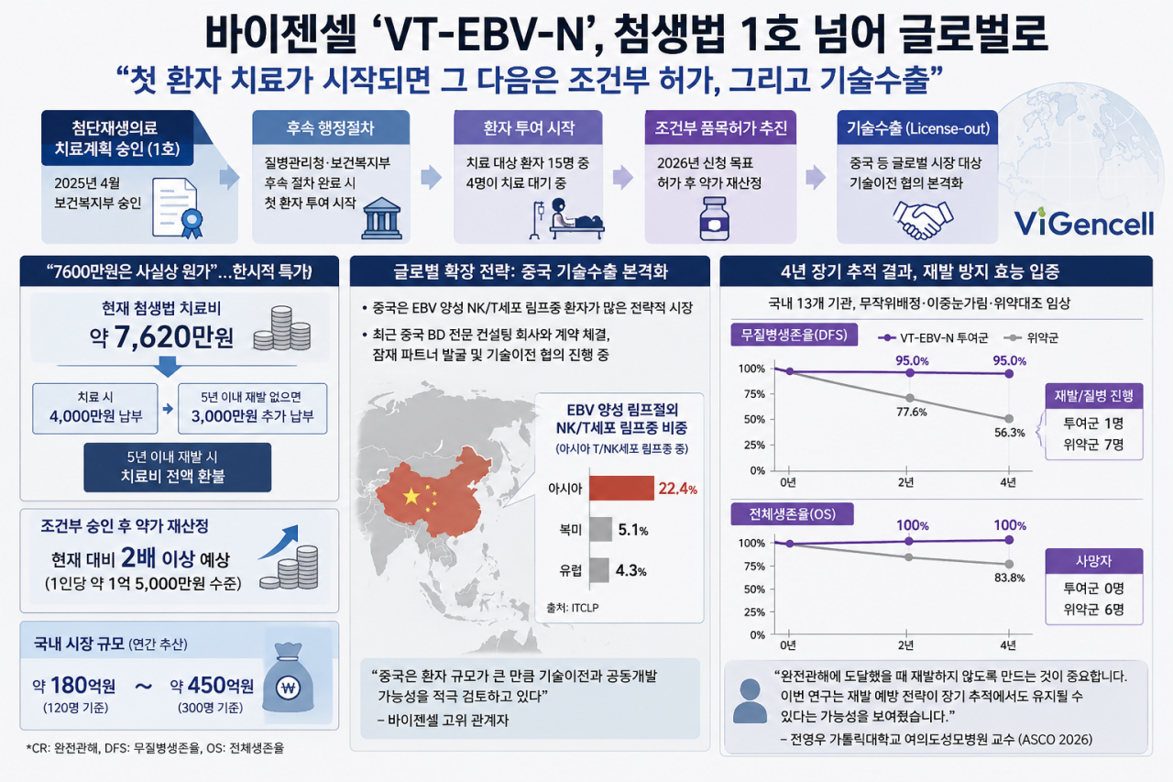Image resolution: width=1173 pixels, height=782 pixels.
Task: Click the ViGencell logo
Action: click(1083, 223)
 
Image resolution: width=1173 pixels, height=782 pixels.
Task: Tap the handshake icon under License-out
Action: click(922, 220)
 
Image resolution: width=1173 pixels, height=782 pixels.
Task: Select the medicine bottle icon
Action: click(715, 219)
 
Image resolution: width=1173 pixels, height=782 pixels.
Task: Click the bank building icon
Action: click(381, 218)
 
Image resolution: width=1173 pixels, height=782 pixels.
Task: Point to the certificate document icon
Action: click(178, 208)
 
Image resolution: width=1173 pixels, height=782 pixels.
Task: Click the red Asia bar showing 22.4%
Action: click(621, 488)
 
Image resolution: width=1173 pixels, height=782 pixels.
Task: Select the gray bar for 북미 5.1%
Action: click(600, 529)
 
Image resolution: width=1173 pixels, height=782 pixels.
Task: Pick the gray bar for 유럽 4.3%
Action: click(599, 570)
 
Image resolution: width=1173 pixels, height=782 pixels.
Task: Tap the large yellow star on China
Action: click(411, 496)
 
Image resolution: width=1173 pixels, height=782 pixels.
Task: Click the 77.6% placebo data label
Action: click(912, 413)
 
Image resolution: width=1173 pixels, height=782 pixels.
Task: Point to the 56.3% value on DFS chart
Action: click(1009, 433)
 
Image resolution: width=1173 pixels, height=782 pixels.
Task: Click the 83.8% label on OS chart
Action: click(1009, 578)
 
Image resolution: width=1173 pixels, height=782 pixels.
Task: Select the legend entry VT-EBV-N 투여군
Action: click(933, 338)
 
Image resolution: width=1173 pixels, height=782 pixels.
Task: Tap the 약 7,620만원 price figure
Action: click(161, 336)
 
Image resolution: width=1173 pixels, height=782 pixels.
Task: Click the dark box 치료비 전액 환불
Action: click(178, 468)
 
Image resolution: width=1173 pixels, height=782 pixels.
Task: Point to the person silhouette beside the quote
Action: click(750, 701)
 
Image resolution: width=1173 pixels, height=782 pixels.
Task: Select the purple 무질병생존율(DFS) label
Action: click(794, 336)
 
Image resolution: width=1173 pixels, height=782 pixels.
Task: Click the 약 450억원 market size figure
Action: click(212, 685)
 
